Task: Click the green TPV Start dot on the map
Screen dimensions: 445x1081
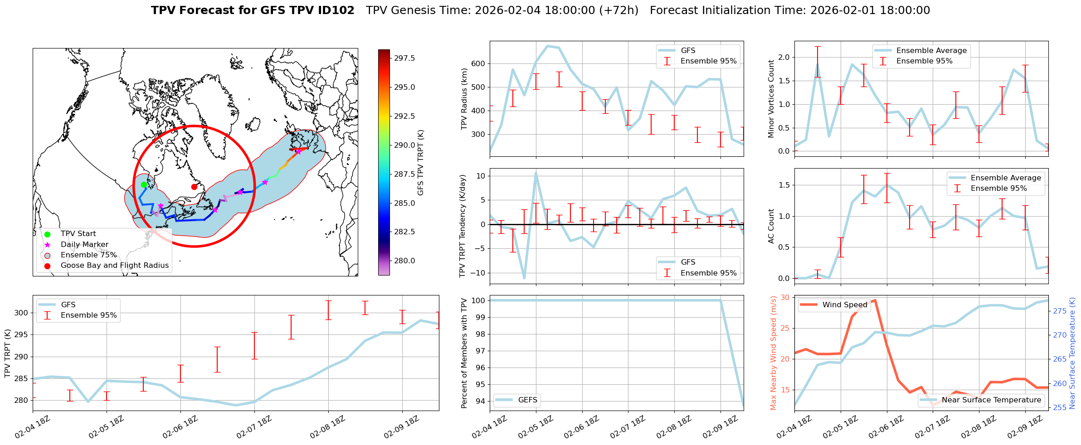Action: (x=144, y=184)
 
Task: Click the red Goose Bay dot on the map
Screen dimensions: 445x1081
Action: (x=194, y=187)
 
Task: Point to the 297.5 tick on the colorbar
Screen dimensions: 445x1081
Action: (x=404, y=58)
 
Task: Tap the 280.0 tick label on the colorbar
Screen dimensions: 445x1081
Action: (x=404, y=261)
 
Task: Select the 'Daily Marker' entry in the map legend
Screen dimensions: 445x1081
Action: (x=84, y=244)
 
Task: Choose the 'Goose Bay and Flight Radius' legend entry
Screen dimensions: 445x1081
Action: (x=114, y=265)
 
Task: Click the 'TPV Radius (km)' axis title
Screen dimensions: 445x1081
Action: (x=464, y=99)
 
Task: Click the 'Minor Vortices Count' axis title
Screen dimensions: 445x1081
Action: (x=771, y=99)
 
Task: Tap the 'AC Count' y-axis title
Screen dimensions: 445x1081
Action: (x=771, y=226)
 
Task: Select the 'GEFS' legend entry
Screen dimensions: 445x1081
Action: (x=527, y=400)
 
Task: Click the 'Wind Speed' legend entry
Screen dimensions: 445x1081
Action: (x=844, y=305)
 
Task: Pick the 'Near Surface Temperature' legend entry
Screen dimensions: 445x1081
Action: (x=991, y=400)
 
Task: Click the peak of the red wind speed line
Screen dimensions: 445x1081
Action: (x=875, y=300)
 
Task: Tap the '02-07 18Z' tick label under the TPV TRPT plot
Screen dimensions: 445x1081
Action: (x=254, y=427)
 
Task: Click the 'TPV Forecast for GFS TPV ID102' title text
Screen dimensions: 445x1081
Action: (x=253, y=10)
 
